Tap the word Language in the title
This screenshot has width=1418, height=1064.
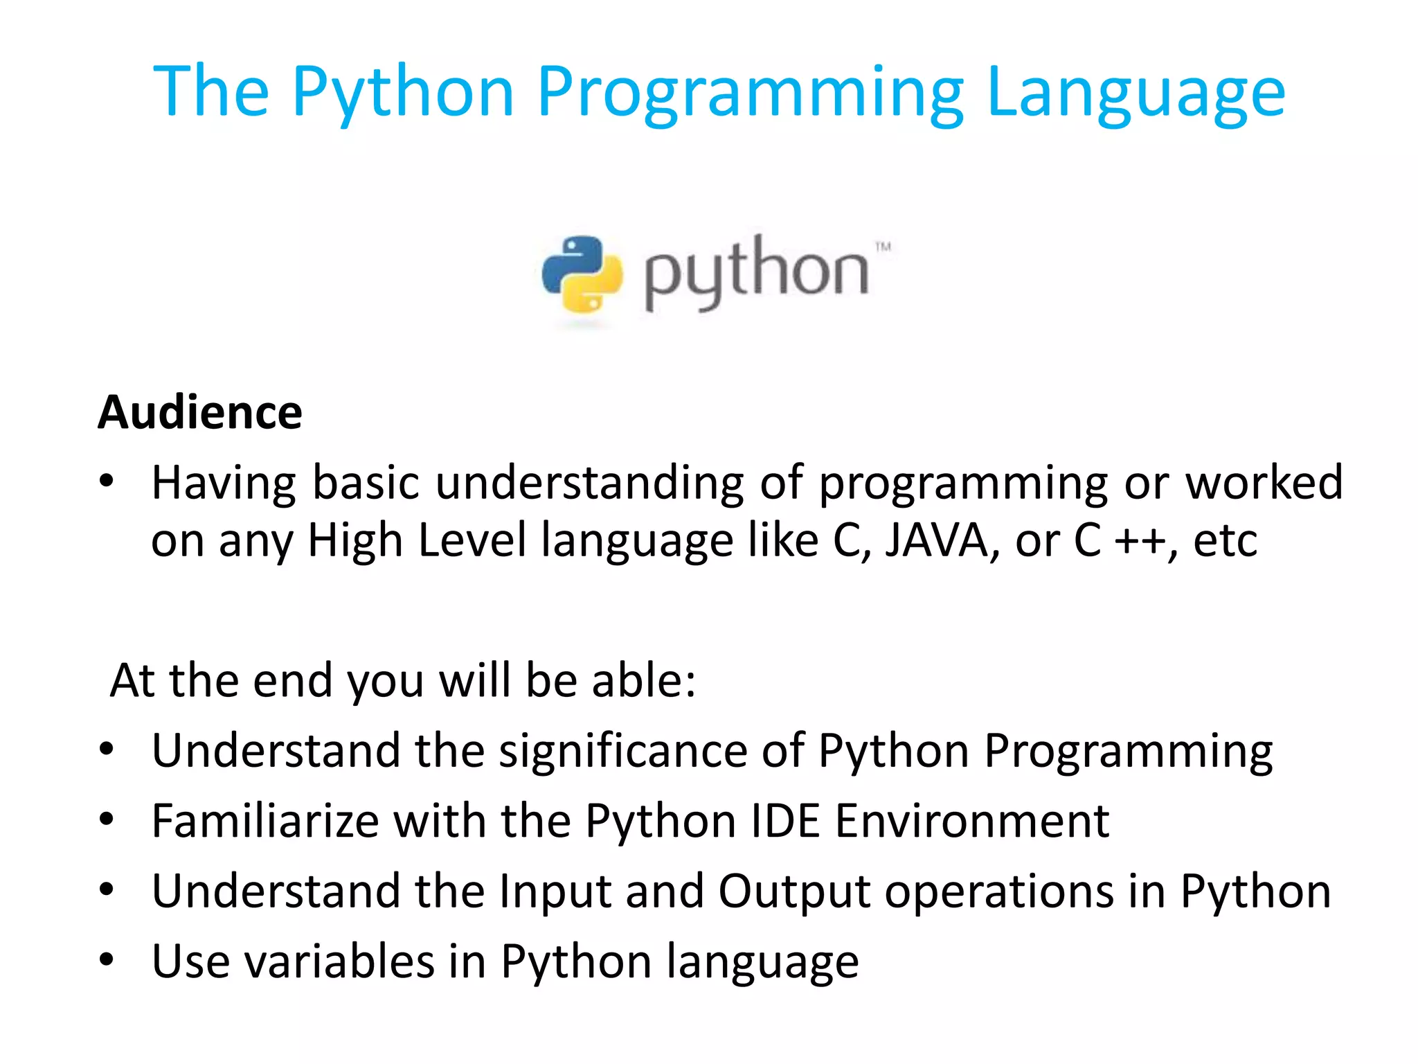pyautogui.click(x=1136, y=94)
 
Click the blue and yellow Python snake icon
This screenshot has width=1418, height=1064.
pyautogui.click(x=582, y=274)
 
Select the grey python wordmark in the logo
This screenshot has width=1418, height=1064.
pyautogui.click(x=756, y=273)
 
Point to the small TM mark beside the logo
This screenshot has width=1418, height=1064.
pyautogui.click(x=883, y=247)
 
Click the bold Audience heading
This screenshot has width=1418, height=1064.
pyautogui.click(x=200, y=413)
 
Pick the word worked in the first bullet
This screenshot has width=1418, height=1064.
pyautogui.click(x=1264, y=482)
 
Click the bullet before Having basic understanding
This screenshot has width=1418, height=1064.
pyautogui.click(x=106, y=481)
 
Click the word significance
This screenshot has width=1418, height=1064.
pyautogui.click(x=623, y=751)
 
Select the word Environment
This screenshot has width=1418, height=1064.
pyautogui.click(x=972, y=822)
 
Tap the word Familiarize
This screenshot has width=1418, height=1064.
pyautogui.click(x=265, y=822)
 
